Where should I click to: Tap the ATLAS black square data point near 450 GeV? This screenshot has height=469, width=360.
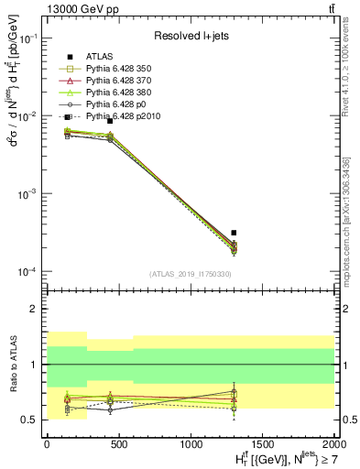(x=110, y=121)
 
